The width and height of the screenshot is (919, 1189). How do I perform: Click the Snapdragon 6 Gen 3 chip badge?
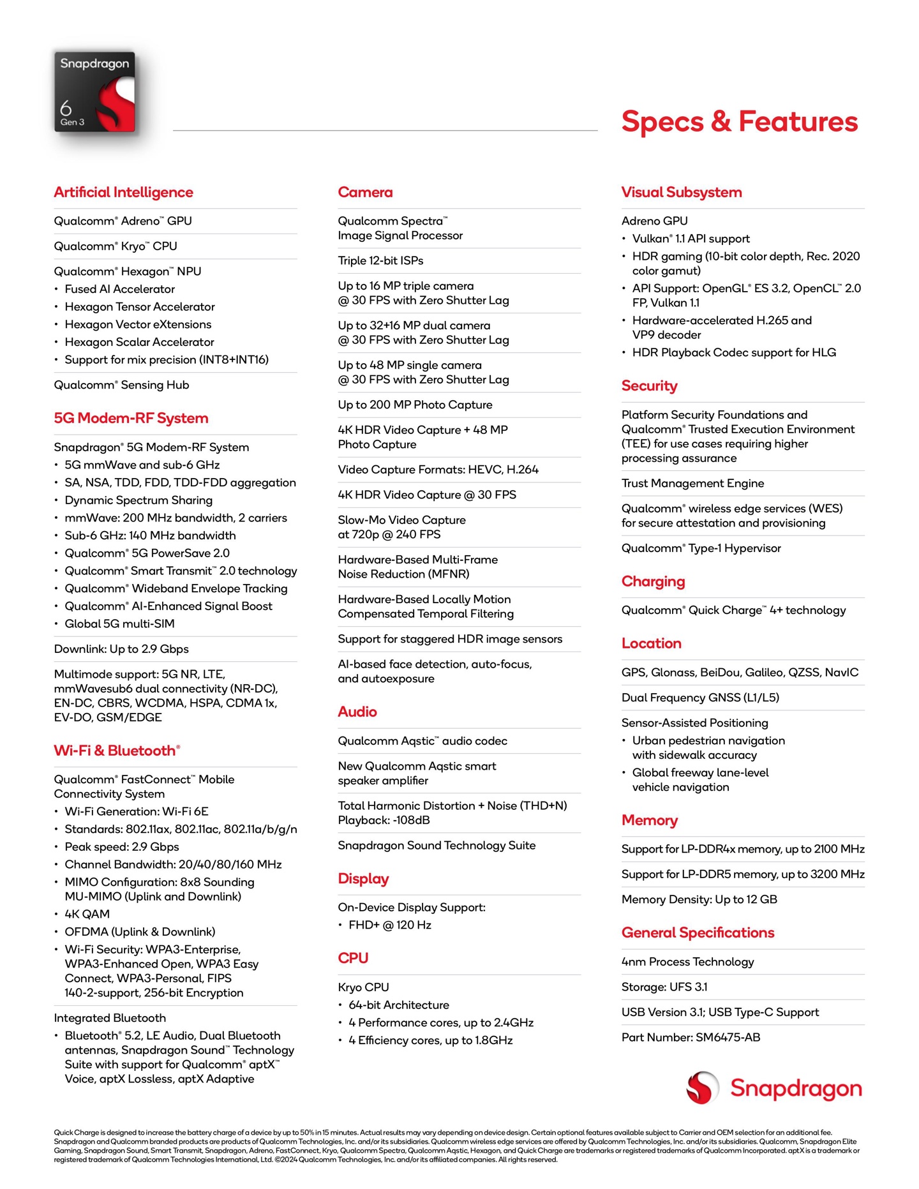point(94,92)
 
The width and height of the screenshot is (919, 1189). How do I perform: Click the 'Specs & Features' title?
point(739,121)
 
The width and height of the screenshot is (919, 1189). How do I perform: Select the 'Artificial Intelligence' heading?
point(123,192)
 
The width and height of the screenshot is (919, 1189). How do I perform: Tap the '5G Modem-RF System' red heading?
point(131,418)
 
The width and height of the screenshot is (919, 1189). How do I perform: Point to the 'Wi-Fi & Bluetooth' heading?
point(116,751)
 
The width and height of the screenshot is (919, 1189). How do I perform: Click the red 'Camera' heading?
point(365,192)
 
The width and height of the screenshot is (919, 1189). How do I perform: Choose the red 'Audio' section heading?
point(357,712)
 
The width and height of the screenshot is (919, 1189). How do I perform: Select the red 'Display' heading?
point(363,879)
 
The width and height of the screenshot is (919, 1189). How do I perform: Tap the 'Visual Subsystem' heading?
point(681,192)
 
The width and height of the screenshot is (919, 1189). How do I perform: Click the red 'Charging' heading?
point(653,581)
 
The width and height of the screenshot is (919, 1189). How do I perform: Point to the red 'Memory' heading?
point(649,820)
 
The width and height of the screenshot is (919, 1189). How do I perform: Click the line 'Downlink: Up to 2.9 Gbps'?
point(121,649)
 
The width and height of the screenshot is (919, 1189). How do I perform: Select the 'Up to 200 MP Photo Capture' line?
point(415,405)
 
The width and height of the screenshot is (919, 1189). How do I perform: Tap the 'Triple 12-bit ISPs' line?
point(380,260)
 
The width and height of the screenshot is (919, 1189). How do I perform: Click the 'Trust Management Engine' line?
point(692,483)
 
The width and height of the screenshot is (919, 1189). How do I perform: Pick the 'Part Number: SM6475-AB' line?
point(691,1037)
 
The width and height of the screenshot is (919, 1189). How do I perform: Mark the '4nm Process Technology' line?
point(687,962)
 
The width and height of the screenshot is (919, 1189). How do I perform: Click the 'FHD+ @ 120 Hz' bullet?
point(389,925)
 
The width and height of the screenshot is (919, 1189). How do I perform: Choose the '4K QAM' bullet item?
point(87,914)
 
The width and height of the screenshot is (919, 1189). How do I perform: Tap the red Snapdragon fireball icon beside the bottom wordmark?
point(702,1088)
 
